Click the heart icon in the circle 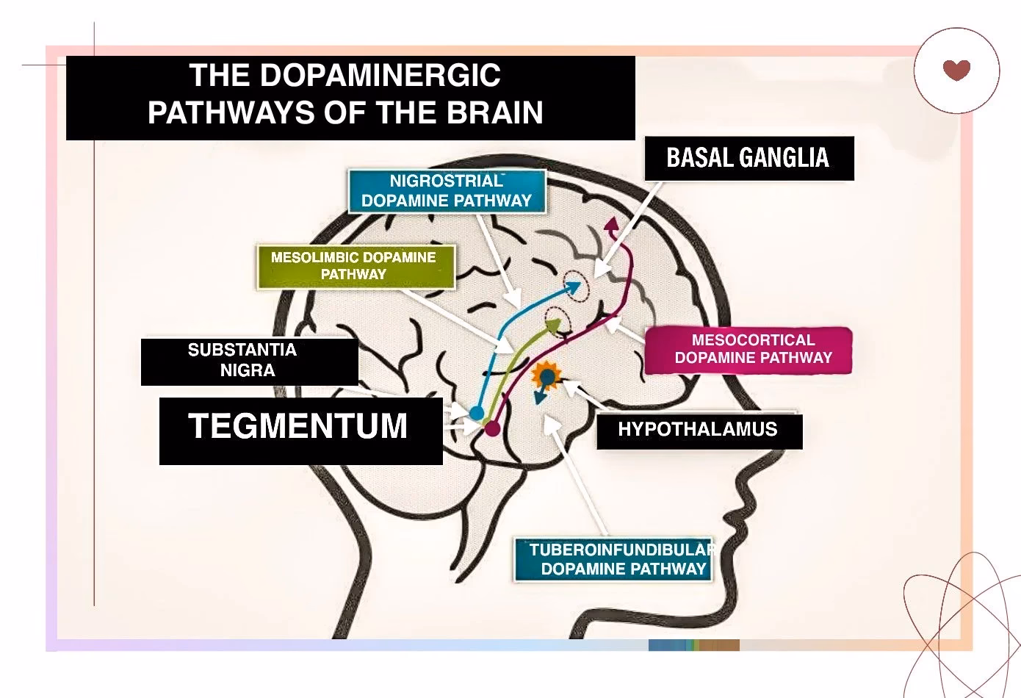coord(956,70)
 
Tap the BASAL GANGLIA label coord(748,158)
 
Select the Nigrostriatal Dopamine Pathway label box coord(447,191)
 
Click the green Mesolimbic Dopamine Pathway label coord(353,266)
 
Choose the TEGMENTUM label coord(298,427)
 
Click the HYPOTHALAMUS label coord(698,430)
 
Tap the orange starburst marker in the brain coord(546,377)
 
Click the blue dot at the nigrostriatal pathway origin coord(477,412)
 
